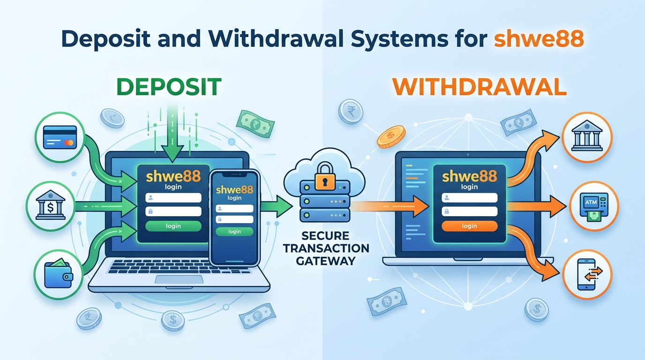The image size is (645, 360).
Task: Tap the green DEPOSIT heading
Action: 169,87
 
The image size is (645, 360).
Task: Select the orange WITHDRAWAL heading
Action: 480,87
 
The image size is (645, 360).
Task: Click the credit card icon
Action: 60,137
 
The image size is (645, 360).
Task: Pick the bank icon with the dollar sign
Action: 51,205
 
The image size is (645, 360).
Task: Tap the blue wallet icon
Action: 59,273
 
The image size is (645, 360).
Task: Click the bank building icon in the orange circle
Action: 587,136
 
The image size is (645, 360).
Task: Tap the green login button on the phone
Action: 234,232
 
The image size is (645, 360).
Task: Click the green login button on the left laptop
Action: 173,226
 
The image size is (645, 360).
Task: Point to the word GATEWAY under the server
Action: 326,261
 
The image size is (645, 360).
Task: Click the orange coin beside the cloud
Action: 391,136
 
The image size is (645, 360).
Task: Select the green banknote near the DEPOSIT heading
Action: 255,124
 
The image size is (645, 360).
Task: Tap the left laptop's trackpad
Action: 179,279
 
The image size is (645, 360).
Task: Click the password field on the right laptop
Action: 469,211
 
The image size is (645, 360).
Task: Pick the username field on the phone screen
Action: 234,209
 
